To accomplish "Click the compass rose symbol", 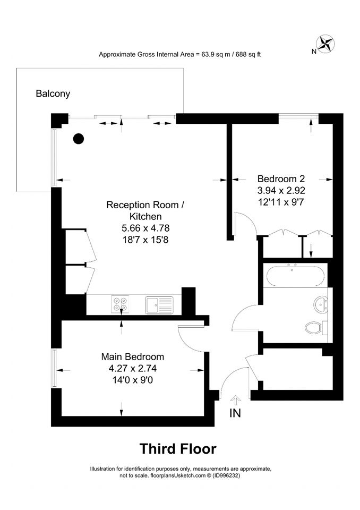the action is (x=325, y=44).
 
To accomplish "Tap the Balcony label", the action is (x=53, y=93).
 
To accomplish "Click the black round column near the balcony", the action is (x=79, y=139).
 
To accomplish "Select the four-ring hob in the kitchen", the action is (x=120, y=304).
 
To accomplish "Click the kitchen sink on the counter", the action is (x=159, y=305).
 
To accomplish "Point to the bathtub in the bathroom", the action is (x=295, y=276).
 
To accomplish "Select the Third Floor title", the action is (x=178, y=449).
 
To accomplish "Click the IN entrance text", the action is (x=235, y=413).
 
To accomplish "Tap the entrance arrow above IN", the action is (x=235, y=400).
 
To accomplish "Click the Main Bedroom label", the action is (x=133, y=357).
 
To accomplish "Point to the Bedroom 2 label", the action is (x=281, y=178).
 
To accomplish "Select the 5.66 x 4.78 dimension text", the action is (x=145, y=228).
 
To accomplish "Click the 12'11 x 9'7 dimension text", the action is (x=281, y=202).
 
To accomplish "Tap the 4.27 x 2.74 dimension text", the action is (x=133, y=368).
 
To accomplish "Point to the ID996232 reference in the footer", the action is (x=226, y=475).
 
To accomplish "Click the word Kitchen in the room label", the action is (x=145, y=216).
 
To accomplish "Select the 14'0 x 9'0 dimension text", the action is (x=133, y=380).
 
